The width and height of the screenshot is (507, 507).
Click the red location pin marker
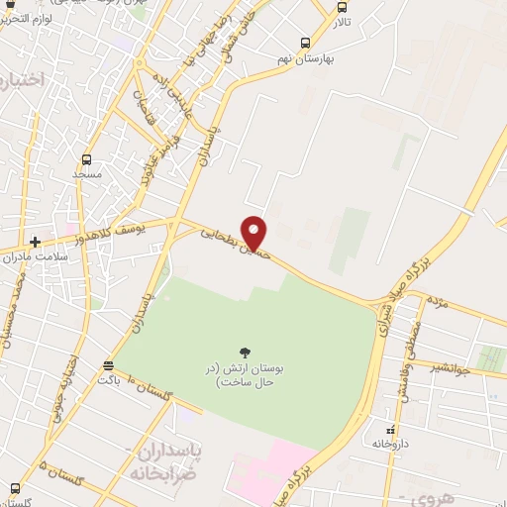point(254,232)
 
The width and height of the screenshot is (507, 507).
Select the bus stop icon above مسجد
point(87,158)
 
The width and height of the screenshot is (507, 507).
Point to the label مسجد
point(87,174)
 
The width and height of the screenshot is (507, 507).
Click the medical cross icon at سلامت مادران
point(36,241)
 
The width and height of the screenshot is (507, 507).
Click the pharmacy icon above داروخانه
point(390,429)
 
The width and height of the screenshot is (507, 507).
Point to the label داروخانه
point(390,445)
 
